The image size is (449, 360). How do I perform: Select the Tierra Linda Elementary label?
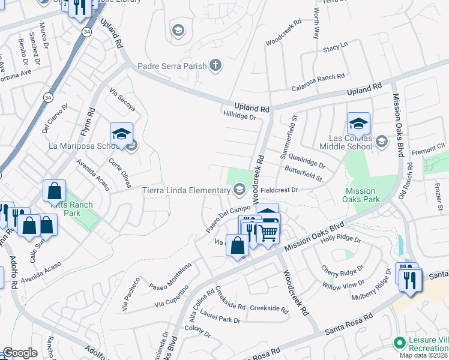tap(186, 191)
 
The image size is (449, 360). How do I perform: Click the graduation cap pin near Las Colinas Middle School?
tap(358, 124)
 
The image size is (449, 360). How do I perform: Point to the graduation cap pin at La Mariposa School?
tap(121, 134)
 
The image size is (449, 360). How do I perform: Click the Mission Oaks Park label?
tap(363, 195)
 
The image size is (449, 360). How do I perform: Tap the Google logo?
tap(19, 353)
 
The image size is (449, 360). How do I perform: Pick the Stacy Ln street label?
tap(335, 47)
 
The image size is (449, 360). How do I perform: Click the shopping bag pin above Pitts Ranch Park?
tap(54, 191)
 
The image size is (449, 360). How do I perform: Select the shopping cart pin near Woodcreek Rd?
tap(269, 232)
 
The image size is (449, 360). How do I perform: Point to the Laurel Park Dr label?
tap(221, 320)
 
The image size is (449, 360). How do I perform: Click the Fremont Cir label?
tap(433, 146)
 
